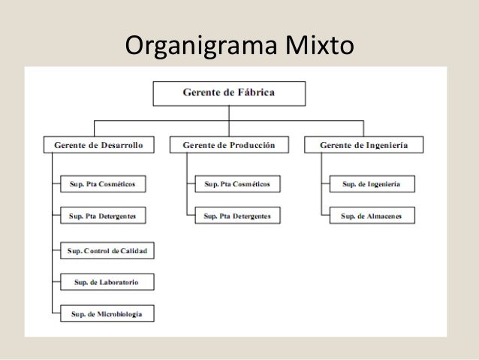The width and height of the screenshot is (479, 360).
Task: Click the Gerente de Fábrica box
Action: (229, 93)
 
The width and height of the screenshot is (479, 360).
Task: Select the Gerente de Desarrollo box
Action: (94, 144)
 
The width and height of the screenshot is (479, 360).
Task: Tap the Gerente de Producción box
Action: (229, 144)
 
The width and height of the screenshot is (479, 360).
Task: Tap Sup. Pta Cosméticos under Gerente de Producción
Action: (237, 183)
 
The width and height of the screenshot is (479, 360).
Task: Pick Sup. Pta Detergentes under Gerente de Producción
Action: (237, 216)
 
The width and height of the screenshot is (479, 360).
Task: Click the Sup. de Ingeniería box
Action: (371, 183)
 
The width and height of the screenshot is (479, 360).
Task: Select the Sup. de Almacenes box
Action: (371, 216)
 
